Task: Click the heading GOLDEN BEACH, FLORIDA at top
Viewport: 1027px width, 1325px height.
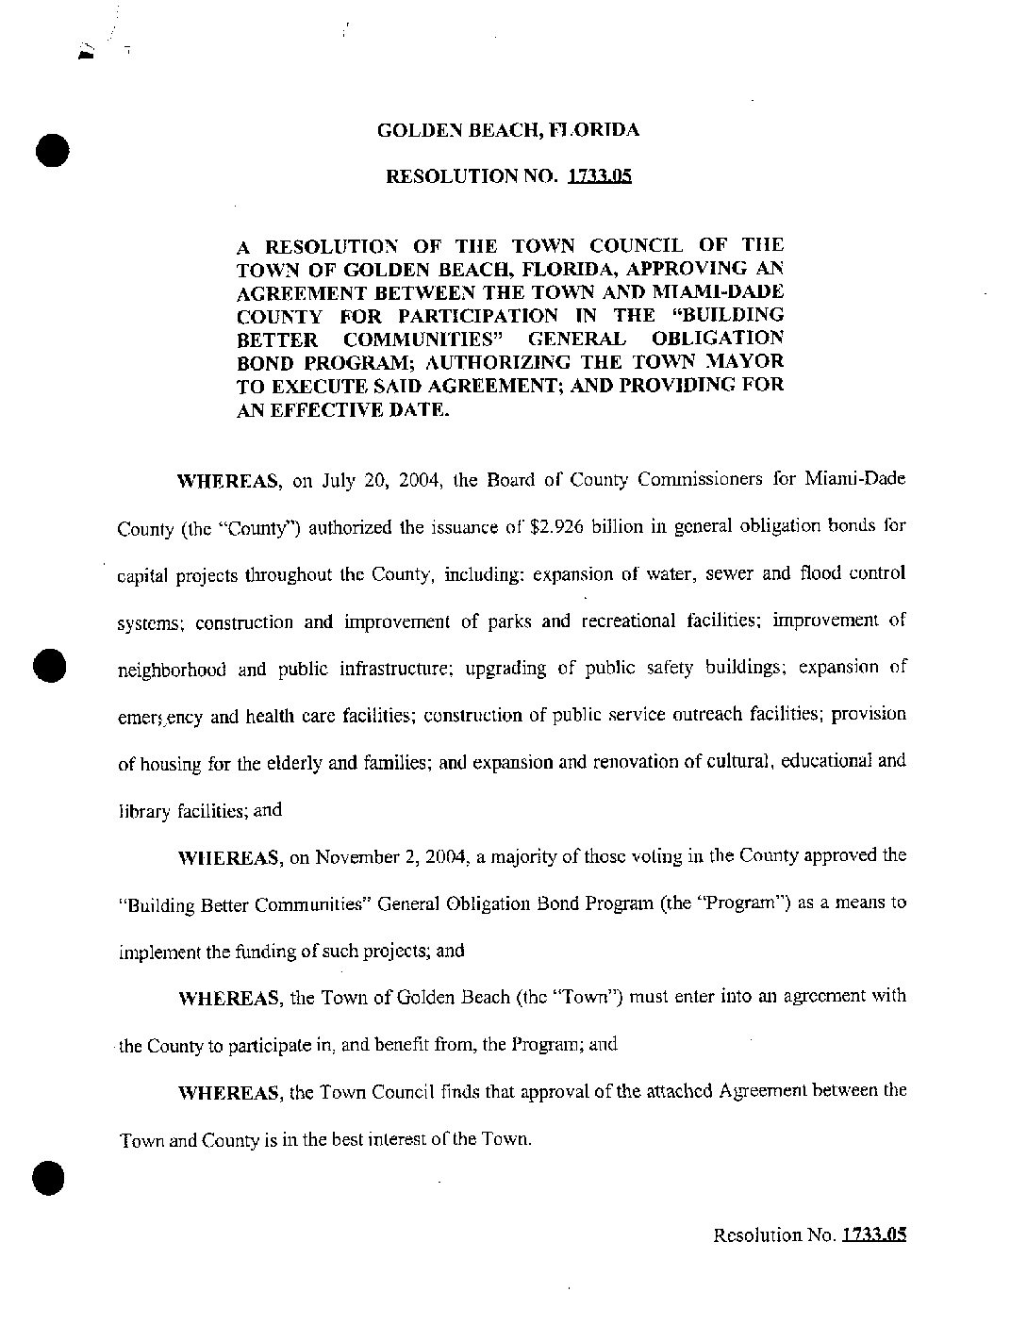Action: (507, 130)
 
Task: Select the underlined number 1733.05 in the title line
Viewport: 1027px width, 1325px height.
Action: (599, 176)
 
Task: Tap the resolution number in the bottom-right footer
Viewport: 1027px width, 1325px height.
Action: (873, 1234)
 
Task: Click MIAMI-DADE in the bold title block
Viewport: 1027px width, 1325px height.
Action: (729, 291)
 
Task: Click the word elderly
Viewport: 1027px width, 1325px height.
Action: (294, 763)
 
